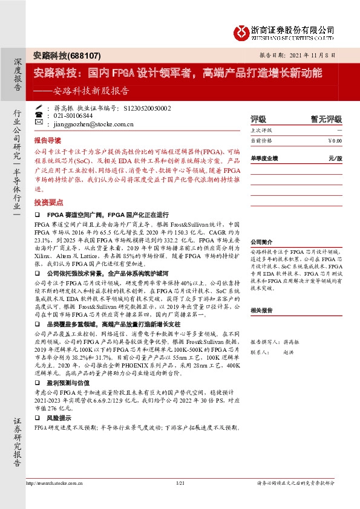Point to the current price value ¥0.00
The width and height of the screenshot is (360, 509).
pos(334,141)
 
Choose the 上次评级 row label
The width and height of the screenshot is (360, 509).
pos(261,131)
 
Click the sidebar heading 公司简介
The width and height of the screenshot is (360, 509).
pos(262,241)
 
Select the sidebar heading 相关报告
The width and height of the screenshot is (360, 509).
pos(262,310)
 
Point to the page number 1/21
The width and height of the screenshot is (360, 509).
pos(180,483)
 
